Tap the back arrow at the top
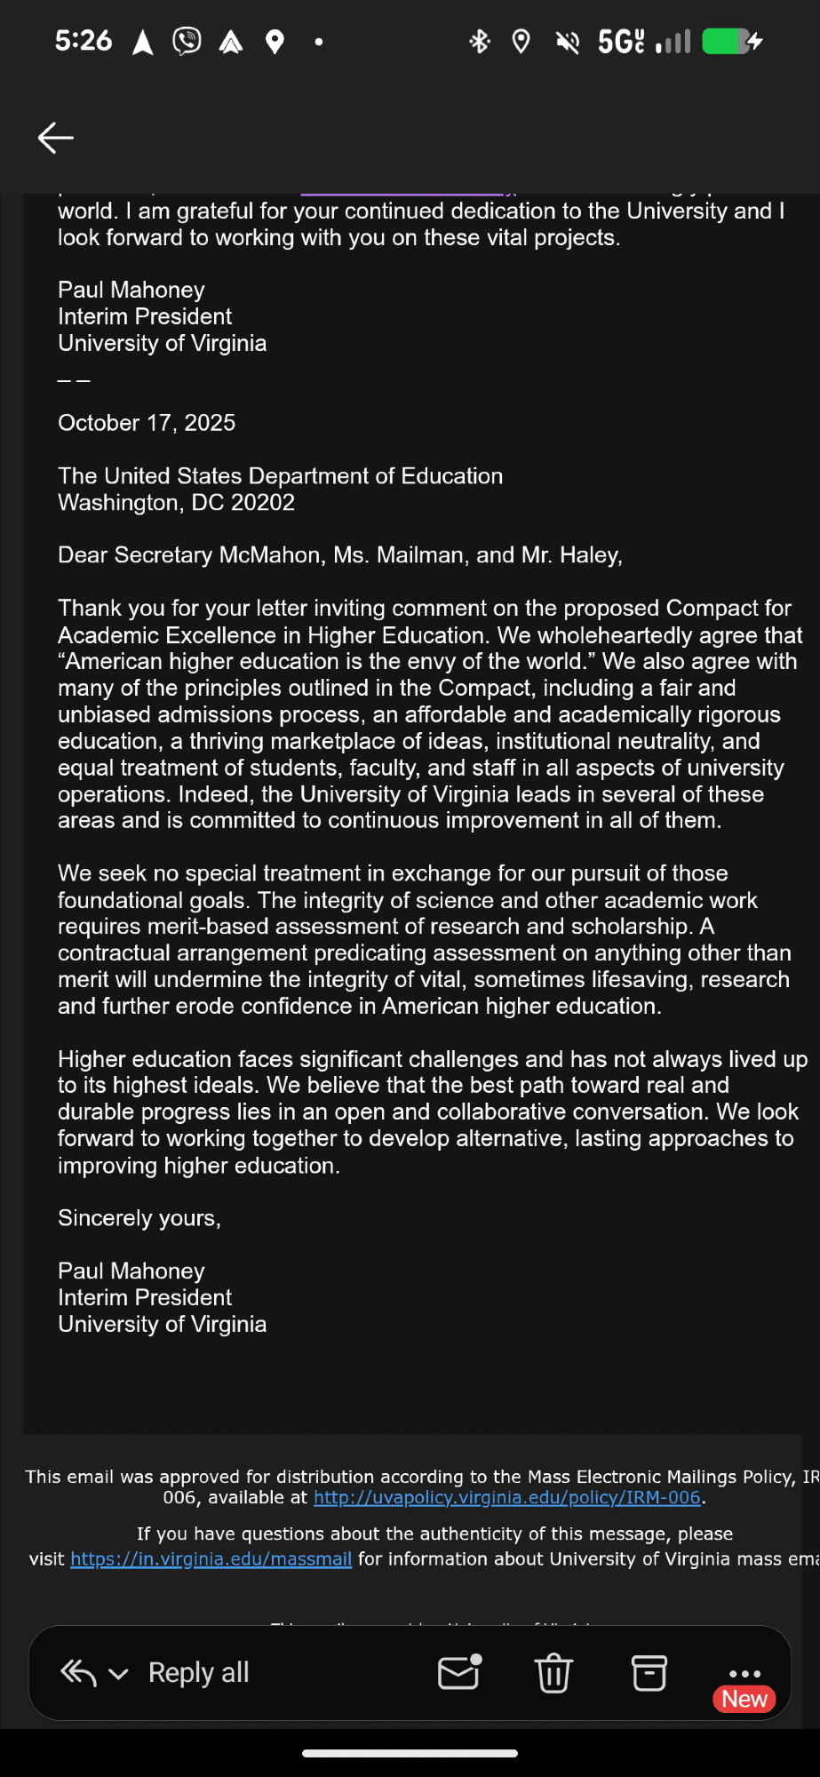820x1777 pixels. coord(55,138)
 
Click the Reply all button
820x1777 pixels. coord(198,1673)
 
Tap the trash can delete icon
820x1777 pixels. coord(553,1674)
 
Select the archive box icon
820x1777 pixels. coord(649,1674)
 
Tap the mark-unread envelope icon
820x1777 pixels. coord(459,1673)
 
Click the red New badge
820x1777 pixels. coord(744,1699)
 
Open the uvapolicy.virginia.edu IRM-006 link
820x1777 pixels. coord(507,1498)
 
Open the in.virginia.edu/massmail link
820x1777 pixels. coord(211,1559)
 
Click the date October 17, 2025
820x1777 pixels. coord(147,423)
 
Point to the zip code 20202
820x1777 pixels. coord(263,503)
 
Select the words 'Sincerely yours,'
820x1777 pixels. coord(139,1218)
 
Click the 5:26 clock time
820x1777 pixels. coord(84,41)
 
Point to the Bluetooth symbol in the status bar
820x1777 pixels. coord(480,42)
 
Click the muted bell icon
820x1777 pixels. coord(567,42)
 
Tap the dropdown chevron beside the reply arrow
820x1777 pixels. coord(118,1675)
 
